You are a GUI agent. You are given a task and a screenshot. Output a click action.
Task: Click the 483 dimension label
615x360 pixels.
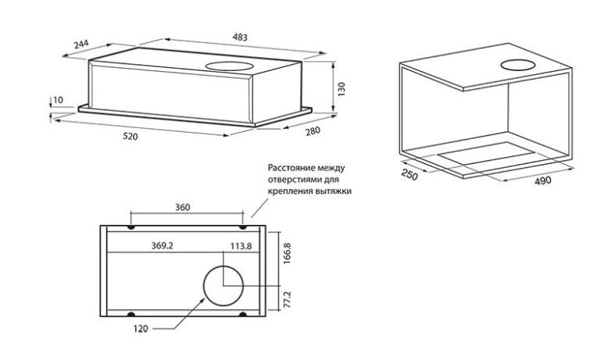[x=240, y=37]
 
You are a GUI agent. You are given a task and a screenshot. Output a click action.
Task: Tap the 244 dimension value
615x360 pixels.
[x=81, y=44]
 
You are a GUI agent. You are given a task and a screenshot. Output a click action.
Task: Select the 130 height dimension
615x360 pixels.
[x=341, y=89]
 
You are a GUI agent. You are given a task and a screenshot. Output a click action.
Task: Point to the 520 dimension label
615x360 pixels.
[x=131, y=137]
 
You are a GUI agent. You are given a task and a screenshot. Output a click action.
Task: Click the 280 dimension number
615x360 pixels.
[x=313, y=130]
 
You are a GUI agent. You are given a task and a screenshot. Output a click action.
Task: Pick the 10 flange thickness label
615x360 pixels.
[x=58, y=100]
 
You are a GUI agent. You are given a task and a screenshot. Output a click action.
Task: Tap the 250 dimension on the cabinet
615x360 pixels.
[x=409, y=175]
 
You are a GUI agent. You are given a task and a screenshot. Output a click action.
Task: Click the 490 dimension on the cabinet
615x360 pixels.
[x=543, y=181]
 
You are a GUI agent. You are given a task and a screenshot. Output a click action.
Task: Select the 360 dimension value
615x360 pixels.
[x=182, y=207]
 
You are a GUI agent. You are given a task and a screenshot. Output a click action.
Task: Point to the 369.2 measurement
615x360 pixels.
[x=163, y=246]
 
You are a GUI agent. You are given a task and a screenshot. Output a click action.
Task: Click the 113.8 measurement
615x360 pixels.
[x=241, y=246]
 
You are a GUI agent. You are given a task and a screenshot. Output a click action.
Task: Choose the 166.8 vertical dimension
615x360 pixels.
[x=287, y=253]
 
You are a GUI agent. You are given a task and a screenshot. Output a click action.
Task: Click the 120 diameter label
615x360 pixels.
[x=141, y=329]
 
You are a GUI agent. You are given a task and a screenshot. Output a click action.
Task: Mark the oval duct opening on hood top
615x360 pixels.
[x=230, y=66]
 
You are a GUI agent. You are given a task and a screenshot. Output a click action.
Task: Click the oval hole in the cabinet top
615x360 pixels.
[x=518, y=65]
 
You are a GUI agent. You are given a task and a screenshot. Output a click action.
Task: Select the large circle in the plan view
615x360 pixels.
[x=223, y=286]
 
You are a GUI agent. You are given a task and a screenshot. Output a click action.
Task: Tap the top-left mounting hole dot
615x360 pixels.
[x=131, y=228]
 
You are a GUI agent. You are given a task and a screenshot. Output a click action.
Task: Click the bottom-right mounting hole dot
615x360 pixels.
[x=243, y=314]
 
